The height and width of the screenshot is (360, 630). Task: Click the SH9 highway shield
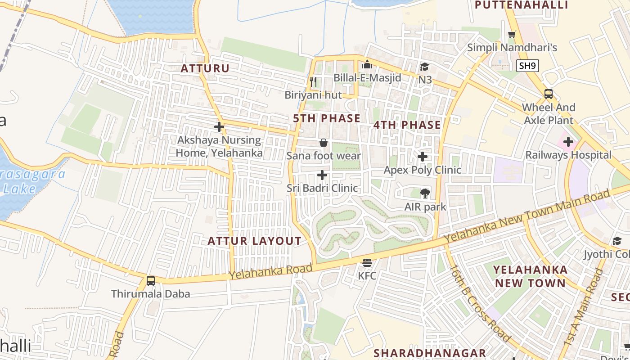tap(527, 66)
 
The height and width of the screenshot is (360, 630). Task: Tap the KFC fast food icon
tap(367, 262)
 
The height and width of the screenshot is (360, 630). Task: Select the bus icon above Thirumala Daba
tap(151, 281)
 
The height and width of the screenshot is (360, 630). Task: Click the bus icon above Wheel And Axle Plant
tap(548, 94)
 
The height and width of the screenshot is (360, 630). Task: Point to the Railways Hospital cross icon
tap(568, 142)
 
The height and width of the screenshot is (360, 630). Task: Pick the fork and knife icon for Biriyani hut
tap(314, 82)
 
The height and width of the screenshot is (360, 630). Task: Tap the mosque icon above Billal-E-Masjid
tap(367, 64)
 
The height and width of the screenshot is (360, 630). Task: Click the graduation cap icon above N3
tap(424, 67)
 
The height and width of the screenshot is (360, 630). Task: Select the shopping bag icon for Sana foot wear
tap(323, 143)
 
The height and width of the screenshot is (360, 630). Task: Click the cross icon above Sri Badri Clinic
tap(322, 175)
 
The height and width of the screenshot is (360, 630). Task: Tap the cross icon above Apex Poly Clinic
tap(422, 157)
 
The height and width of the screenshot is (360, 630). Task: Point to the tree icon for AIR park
tap(424, 193)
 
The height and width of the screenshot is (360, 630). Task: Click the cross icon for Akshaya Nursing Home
tap(219, 127)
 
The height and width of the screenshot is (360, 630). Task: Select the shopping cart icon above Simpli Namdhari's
tap(512, 34)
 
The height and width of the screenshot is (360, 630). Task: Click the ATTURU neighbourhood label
tap(205, 68)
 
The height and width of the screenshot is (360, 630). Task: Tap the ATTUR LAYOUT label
tap(254, 241)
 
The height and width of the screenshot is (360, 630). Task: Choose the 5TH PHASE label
tap(327, 118)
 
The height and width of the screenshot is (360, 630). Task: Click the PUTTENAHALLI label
tap(522, 5)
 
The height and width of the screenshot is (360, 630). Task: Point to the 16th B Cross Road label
tap(480, 304)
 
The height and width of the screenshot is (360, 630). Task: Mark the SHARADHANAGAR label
tap(430, 353)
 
